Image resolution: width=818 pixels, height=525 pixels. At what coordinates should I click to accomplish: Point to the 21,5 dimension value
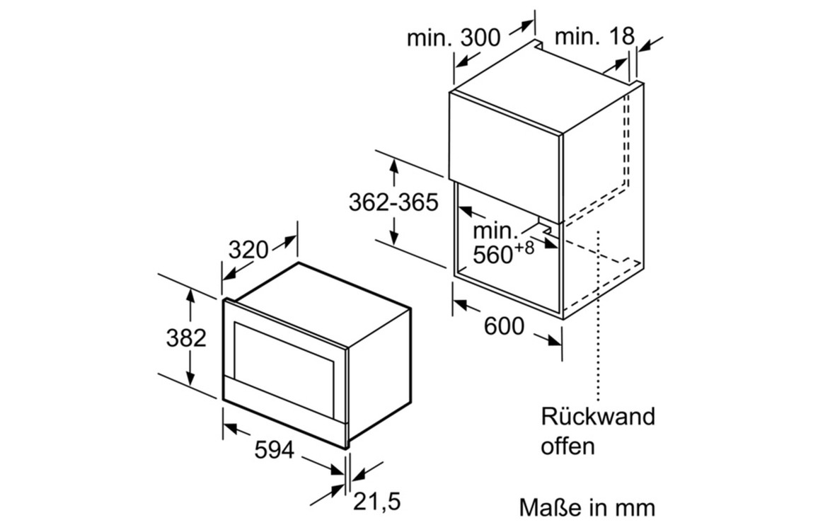[x=376, y=502]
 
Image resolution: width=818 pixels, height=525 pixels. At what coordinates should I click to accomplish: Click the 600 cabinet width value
[x=504, y=325]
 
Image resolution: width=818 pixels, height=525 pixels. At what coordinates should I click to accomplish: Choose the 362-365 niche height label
[x=393, y=202]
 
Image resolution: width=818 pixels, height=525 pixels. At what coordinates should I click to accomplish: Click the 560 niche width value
[x=492, y=254]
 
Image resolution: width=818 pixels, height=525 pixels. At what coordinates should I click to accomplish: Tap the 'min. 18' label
[x=594, y=37]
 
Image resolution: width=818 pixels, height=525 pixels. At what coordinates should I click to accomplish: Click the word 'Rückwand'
[x=598, y=416]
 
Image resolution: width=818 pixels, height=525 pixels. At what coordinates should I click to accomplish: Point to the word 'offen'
[x=568, y=446]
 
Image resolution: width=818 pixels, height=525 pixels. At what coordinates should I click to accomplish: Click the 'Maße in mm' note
[x=587, y=507]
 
